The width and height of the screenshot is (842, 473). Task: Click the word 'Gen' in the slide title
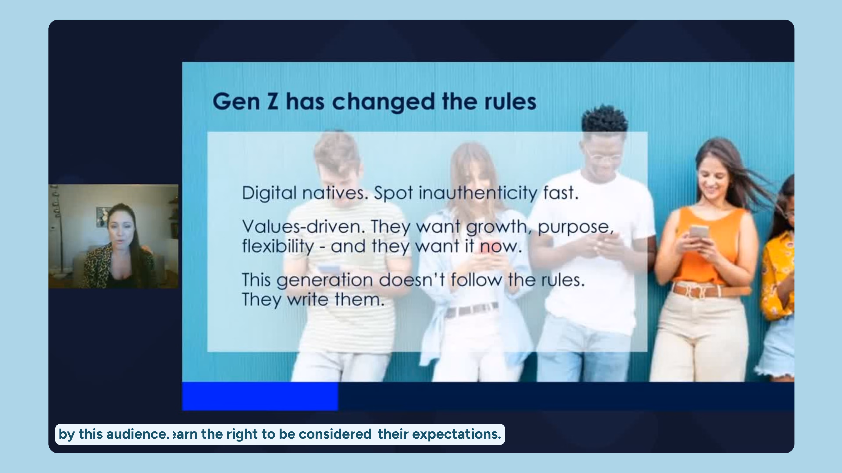[x=236, y=102]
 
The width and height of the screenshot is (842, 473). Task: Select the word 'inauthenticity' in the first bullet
[x=478, y=193]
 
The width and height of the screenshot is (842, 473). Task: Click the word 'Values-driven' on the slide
[x=302, y=227]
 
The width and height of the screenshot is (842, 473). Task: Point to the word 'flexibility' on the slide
[x=278, y=246]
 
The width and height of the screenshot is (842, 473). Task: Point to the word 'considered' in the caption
[x=335, y=434]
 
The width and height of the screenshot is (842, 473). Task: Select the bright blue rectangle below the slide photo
[x=260, y=396]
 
